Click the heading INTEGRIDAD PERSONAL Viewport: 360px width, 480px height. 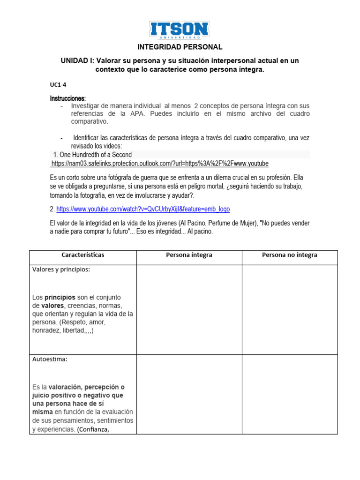pos(180,47)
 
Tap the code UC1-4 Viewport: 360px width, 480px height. pos(58,85)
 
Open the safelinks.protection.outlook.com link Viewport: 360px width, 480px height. pos(159,164)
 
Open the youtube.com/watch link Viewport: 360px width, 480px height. pos(143,209)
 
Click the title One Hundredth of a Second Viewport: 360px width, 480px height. pos(93,155)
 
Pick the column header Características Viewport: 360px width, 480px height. pos(83,255)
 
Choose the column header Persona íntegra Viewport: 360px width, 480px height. pos(189,255)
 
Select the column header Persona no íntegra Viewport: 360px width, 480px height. pos(289,255)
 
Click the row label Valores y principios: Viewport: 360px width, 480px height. pos(61,270)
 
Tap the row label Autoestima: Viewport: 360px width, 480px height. pos(50,360)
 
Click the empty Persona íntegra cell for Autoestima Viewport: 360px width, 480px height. pos(189,394)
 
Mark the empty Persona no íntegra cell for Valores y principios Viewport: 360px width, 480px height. pos(289,309)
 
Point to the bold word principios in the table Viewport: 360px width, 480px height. pos(60,297)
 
